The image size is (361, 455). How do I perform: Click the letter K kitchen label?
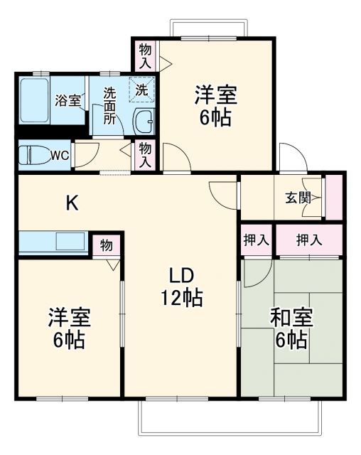pyautogui.click(x=72, y=203)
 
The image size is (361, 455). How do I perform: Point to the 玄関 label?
pyautogui.click(x=298, y=198)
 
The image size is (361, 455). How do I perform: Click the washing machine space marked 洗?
pyautogui.click(x=141, y=90)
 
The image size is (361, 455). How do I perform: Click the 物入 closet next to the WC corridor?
pyautogui.click(x=145, y=155)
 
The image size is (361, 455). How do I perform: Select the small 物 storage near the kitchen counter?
pyautogui.click(x=106, y=245)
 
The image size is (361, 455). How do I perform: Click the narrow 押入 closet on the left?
pyautogui.click(x=256, y=240)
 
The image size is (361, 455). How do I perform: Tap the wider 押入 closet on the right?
pyautogui.click(x=309, y=240)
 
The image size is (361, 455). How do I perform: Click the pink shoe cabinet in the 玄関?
pyautogui.click(x=332, y=197)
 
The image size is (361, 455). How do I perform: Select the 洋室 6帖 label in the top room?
pyautogui.click(x=214, y=106)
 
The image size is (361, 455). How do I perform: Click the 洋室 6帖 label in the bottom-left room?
pyautogui.click(x=68, y=328)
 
